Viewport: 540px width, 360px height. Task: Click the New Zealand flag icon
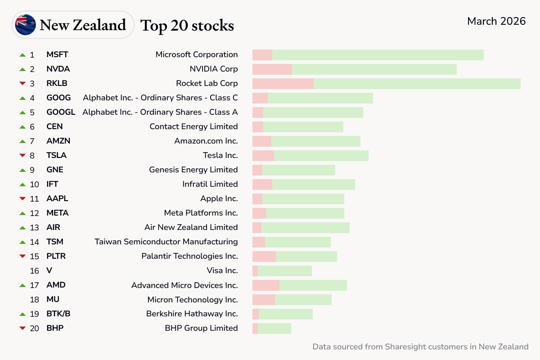tap(25, 25)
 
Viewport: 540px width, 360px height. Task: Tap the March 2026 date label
tap(496, 21)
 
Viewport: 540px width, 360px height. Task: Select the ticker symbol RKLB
tap(57, 83)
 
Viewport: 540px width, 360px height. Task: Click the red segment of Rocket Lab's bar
tap(283, 83)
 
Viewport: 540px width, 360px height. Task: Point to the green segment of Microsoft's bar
tap(378, 54)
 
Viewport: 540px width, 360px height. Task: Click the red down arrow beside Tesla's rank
tap(22, 155)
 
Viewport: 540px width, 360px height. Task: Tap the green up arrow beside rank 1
tap(22, 54)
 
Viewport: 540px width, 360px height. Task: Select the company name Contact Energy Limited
tap(193, 126)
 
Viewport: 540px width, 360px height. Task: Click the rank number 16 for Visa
tap(35, 270)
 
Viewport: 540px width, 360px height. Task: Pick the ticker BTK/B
tap(58, 314)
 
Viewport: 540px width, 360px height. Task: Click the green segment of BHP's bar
tap(274, 328)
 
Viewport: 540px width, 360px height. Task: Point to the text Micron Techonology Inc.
tap(193, 299)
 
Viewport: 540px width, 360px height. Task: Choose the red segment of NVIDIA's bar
tap(272, 69)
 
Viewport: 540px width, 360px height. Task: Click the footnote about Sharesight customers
tap(420, 346)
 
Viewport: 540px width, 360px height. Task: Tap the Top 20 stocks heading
tap(187, 25)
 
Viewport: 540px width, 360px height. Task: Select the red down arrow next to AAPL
tap(22, 198)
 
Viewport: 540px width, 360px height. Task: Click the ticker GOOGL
tap(61, 112)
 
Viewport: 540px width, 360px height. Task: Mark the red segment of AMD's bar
tap(265, 285)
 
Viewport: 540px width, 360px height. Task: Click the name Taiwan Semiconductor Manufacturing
tap(166, 242)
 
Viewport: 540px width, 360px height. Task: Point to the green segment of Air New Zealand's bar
tap(306, 227)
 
